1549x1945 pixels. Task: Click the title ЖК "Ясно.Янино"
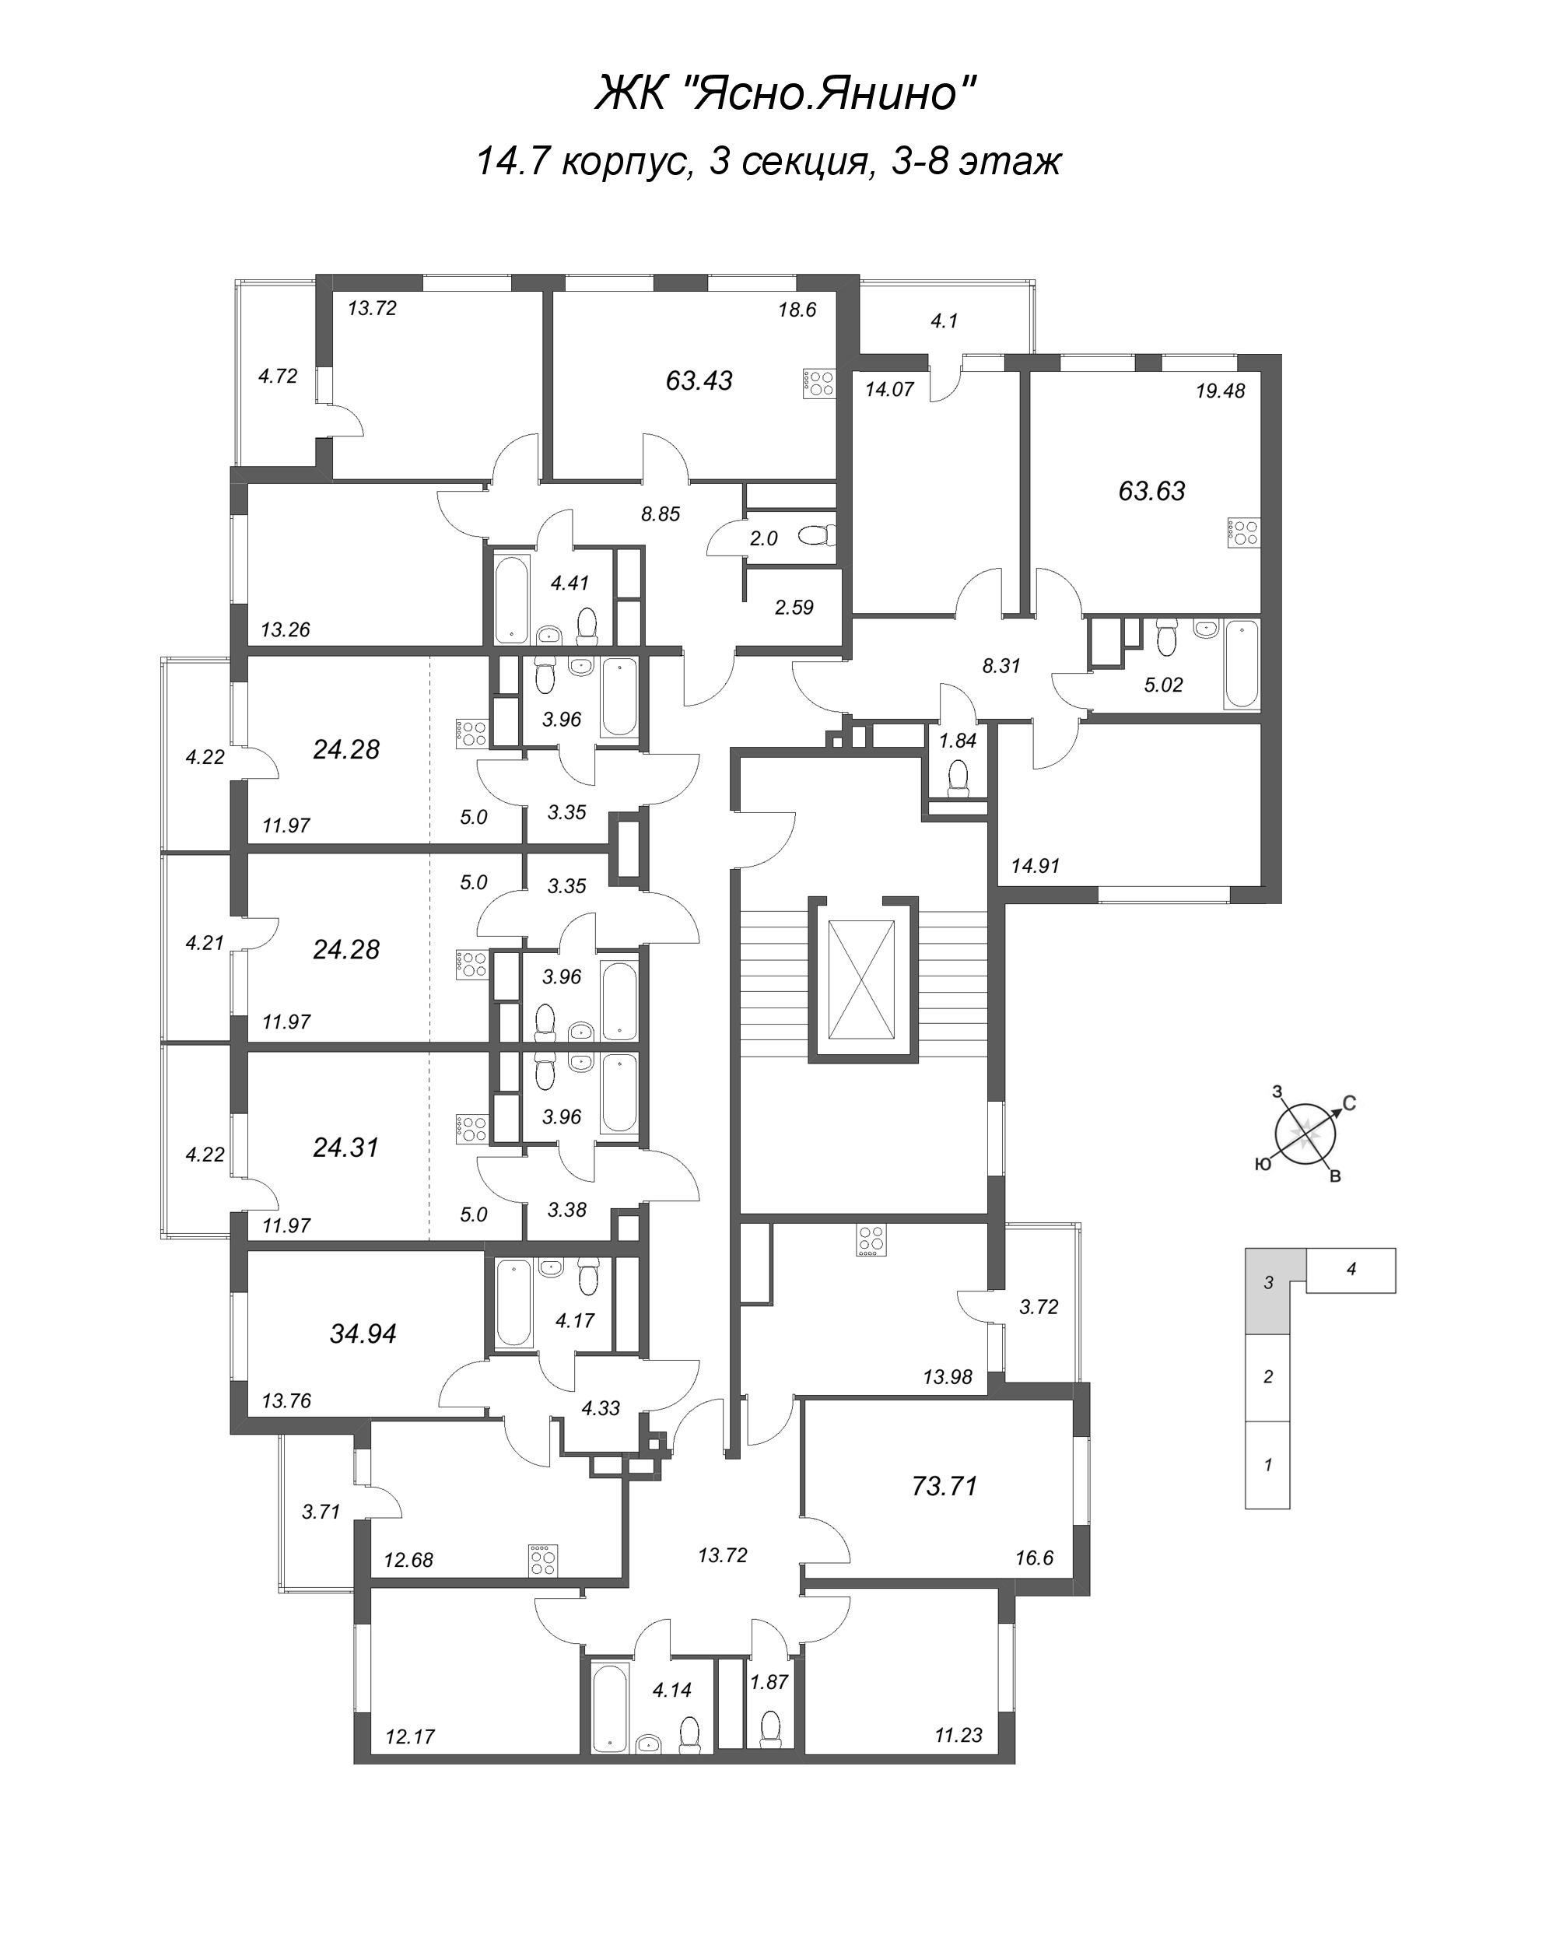[x=785, y=92]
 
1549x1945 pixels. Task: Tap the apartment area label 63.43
[x=699, y=380]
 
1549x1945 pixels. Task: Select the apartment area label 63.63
[x=1151, y=491]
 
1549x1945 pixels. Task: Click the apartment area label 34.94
[x=363, y=1333]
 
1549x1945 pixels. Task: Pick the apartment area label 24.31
[x=345, y=1148]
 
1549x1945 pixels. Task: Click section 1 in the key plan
[x=1267, y=1465]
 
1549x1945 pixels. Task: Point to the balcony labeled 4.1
[x=944, y=321]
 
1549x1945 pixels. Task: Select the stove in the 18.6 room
[x=818, y=384]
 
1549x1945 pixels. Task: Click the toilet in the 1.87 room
[x=769, y=1728]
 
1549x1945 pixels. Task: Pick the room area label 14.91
[x=1035, y=866]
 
